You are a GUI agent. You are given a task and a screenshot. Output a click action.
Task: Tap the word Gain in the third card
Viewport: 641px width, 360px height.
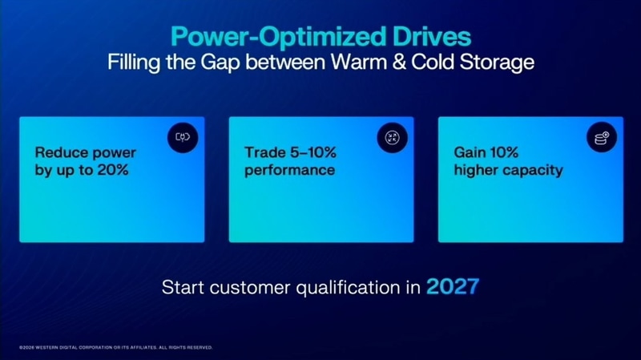click(x=470, y=152)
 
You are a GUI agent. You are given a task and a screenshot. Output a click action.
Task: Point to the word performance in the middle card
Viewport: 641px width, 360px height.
click(x=290, y=171)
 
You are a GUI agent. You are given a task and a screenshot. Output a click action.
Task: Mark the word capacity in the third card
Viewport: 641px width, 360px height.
click(x=529, y=171)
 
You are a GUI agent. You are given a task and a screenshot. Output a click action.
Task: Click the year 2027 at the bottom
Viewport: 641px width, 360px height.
click(x=454, y=286)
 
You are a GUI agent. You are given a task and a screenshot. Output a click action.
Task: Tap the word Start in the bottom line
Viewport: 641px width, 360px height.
click(x=183, y=287)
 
